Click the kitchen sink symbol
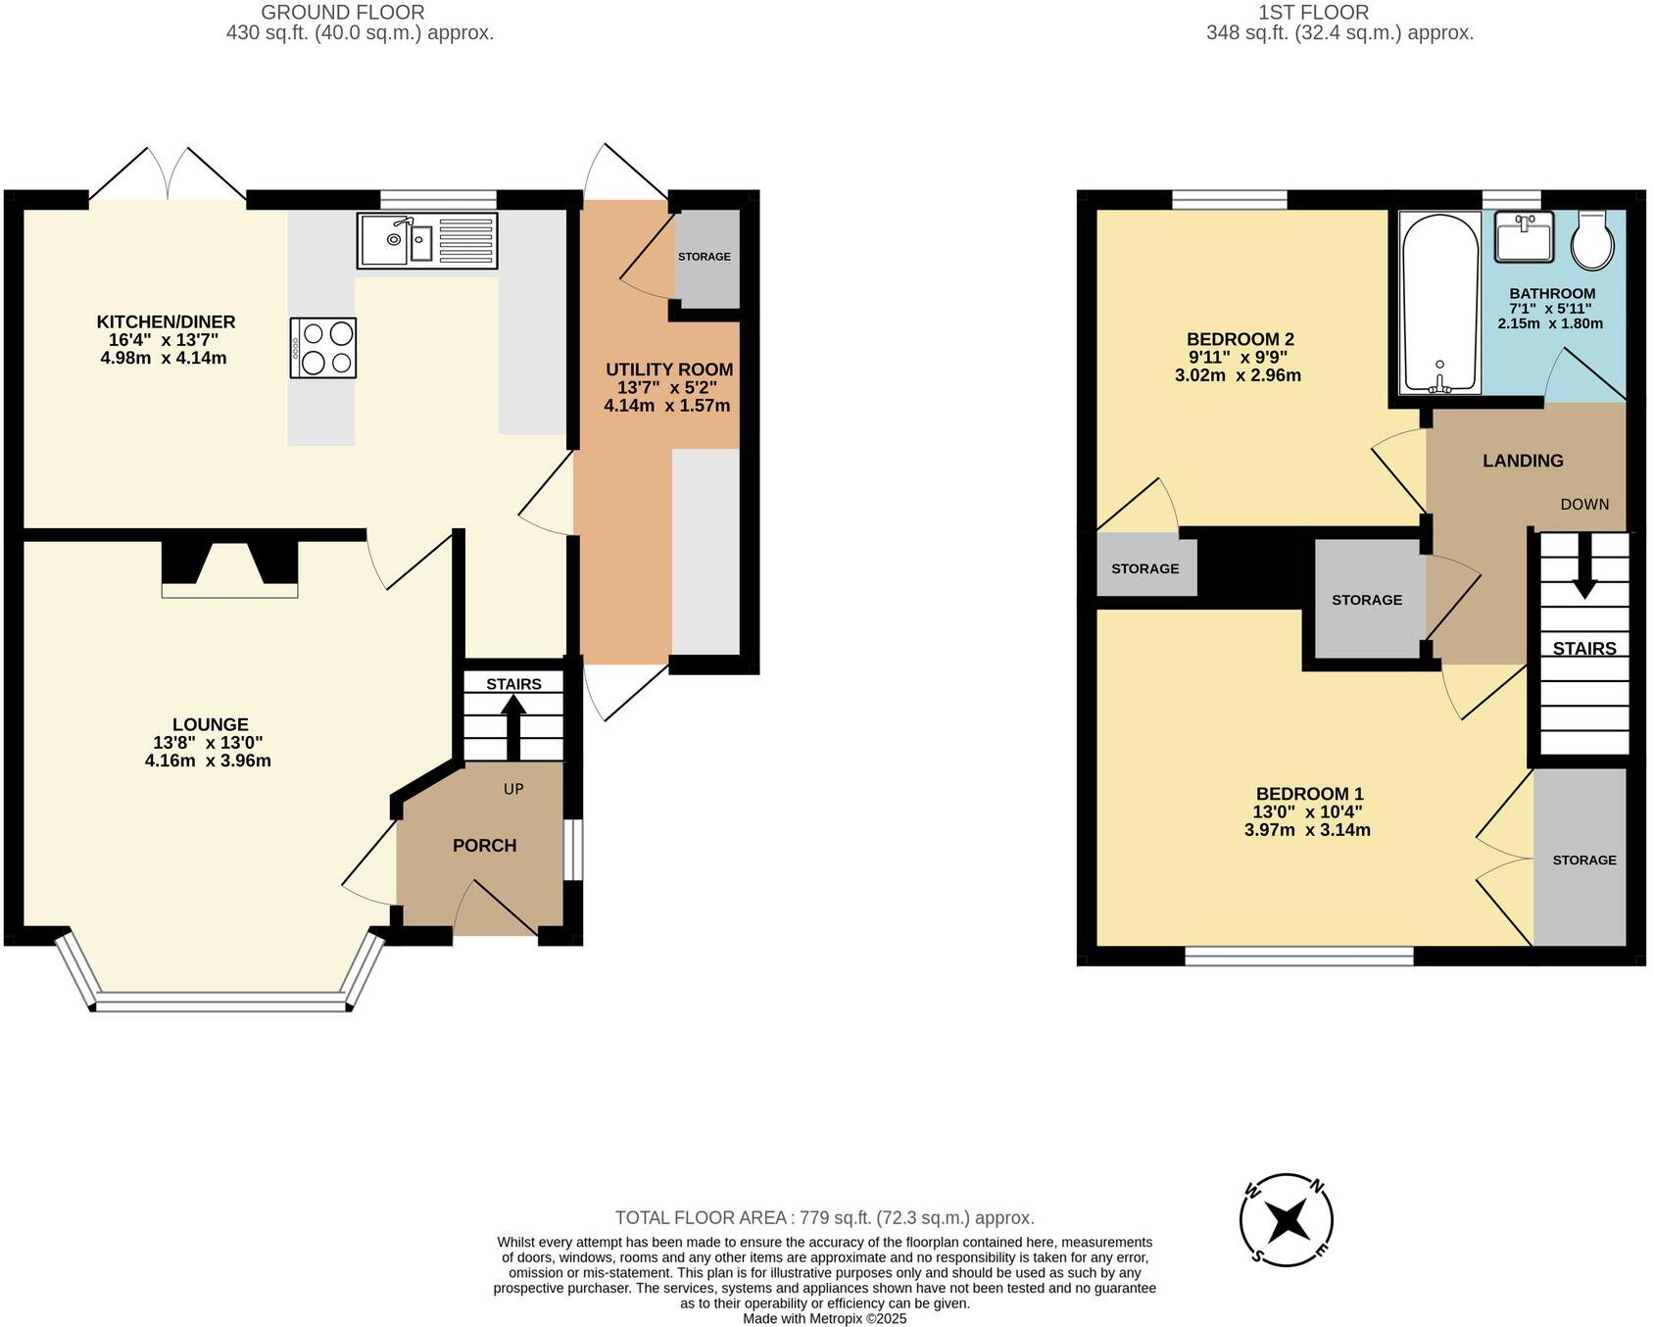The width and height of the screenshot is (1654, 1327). (427, 240)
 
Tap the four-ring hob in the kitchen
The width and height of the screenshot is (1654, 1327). (323, 347)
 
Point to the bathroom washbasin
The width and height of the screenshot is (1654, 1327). (1524, 236)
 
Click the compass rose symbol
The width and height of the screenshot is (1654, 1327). (1287, 1220)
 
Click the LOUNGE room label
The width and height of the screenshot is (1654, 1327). (210, 725)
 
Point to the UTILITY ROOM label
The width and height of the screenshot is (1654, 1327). (669, 369)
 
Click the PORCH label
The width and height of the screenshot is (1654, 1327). (484, 845)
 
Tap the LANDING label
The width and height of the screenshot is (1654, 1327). (1522, 461)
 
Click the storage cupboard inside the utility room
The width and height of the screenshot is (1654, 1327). (705, 257)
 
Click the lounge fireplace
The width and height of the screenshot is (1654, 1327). (229, 567)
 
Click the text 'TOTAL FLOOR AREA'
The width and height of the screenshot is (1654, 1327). (701, 1217)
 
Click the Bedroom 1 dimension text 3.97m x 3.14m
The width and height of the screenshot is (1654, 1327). (1307, 829)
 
